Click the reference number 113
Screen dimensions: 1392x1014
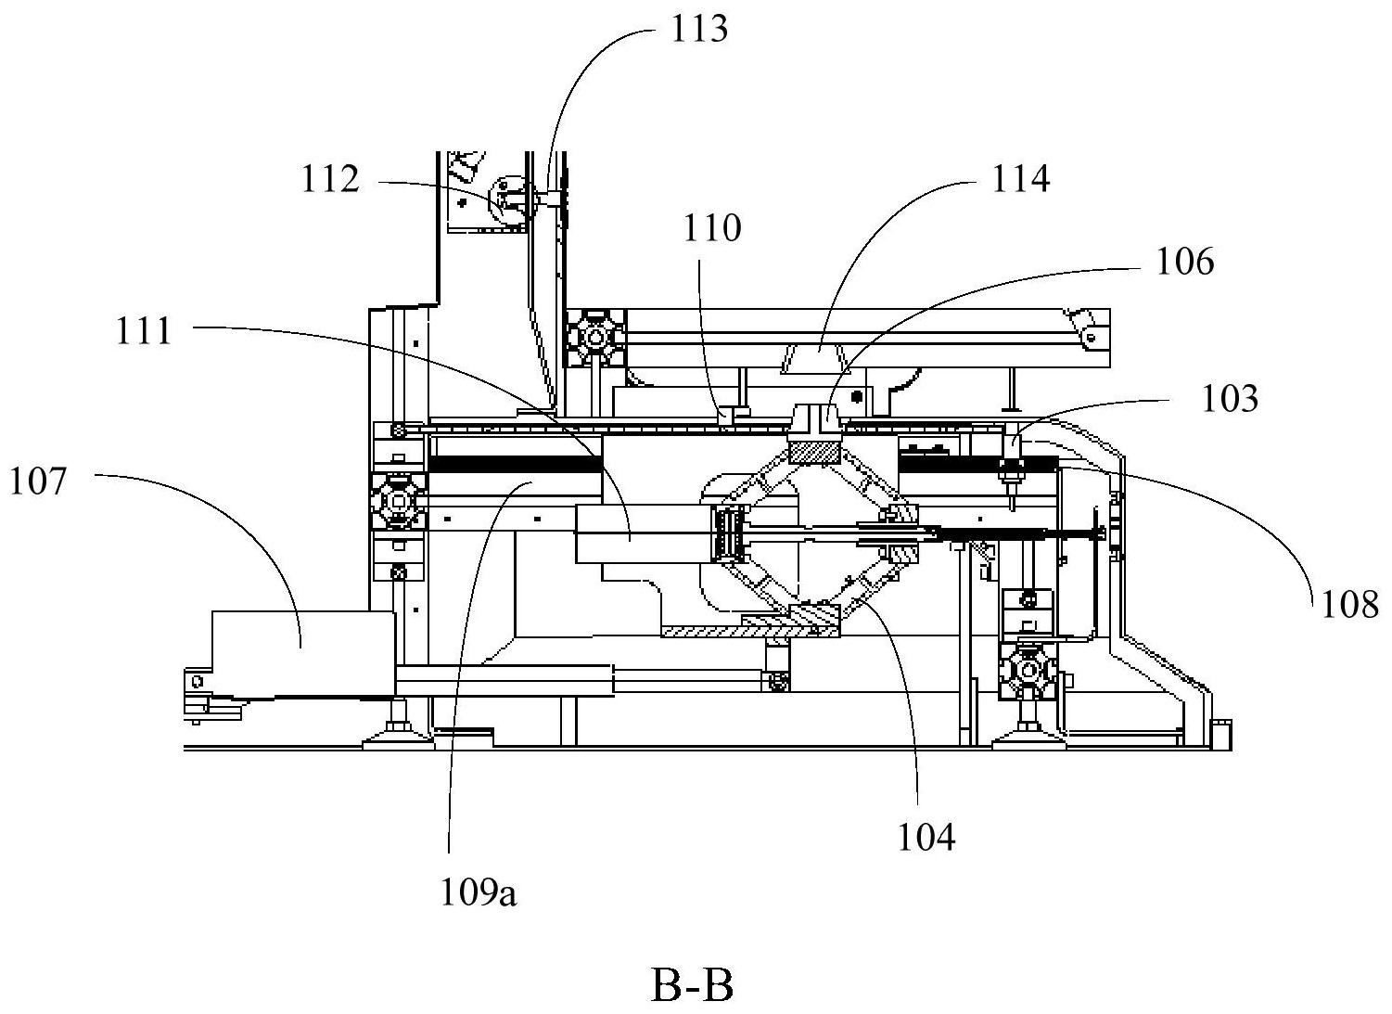click(x=699, y=29)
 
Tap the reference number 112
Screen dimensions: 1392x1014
click(x=330, y=179)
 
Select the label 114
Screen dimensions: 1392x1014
click(x=1021, y=179)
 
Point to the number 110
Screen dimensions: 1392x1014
click(x=712, y=228)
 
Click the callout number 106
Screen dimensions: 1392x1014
click(x=1184, y=262)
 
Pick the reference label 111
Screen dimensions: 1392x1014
click(x=143, y=331)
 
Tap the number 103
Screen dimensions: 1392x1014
click(x=1230, y=399)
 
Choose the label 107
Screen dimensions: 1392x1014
click(x=37, y=481)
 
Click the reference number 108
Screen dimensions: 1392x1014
click(x=1349, y=604)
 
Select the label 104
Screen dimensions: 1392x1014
click(x=926, y=837)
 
